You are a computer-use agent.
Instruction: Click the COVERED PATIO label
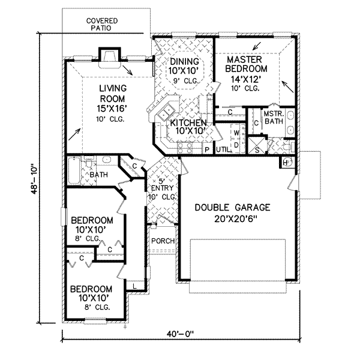pyautogui.click(x=102, y=25)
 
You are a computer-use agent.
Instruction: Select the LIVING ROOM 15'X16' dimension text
pyautogui.click(x=112, y=109)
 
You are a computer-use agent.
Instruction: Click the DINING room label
pyautogui.click(x=184, y=62)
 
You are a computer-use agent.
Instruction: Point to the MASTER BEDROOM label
pyautogui.click(x=246, y=64)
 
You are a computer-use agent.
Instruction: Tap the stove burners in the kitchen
pyautogui.click(x=185, y=148)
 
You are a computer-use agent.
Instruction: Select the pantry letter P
pyautogui.click(x=207, y=150)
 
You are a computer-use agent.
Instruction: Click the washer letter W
pyautogui.click(x=236, y=133)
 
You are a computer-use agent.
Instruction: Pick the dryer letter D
pyautogui.click(x=236, y=145)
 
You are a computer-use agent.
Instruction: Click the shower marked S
pyautogui.click(x=257, y=146)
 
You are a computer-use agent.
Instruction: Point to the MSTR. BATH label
pyautogui.click(x=274, y=118)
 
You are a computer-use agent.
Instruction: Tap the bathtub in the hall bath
pyautogui.click(x=74, y=170)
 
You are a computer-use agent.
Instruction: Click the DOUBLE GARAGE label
pyautogui.click(x=232, y=208)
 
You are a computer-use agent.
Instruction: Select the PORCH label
pyautogui.click(x=163, y=241)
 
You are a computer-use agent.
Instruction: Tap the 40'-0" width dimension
pyautogui.click(x=180, y=334)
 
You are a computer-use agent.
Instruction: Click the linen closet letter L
pyautogui.click(x=135, y=286)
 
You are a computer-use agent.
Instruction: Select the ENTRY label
pyautogui.click(x=163, y=188)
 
